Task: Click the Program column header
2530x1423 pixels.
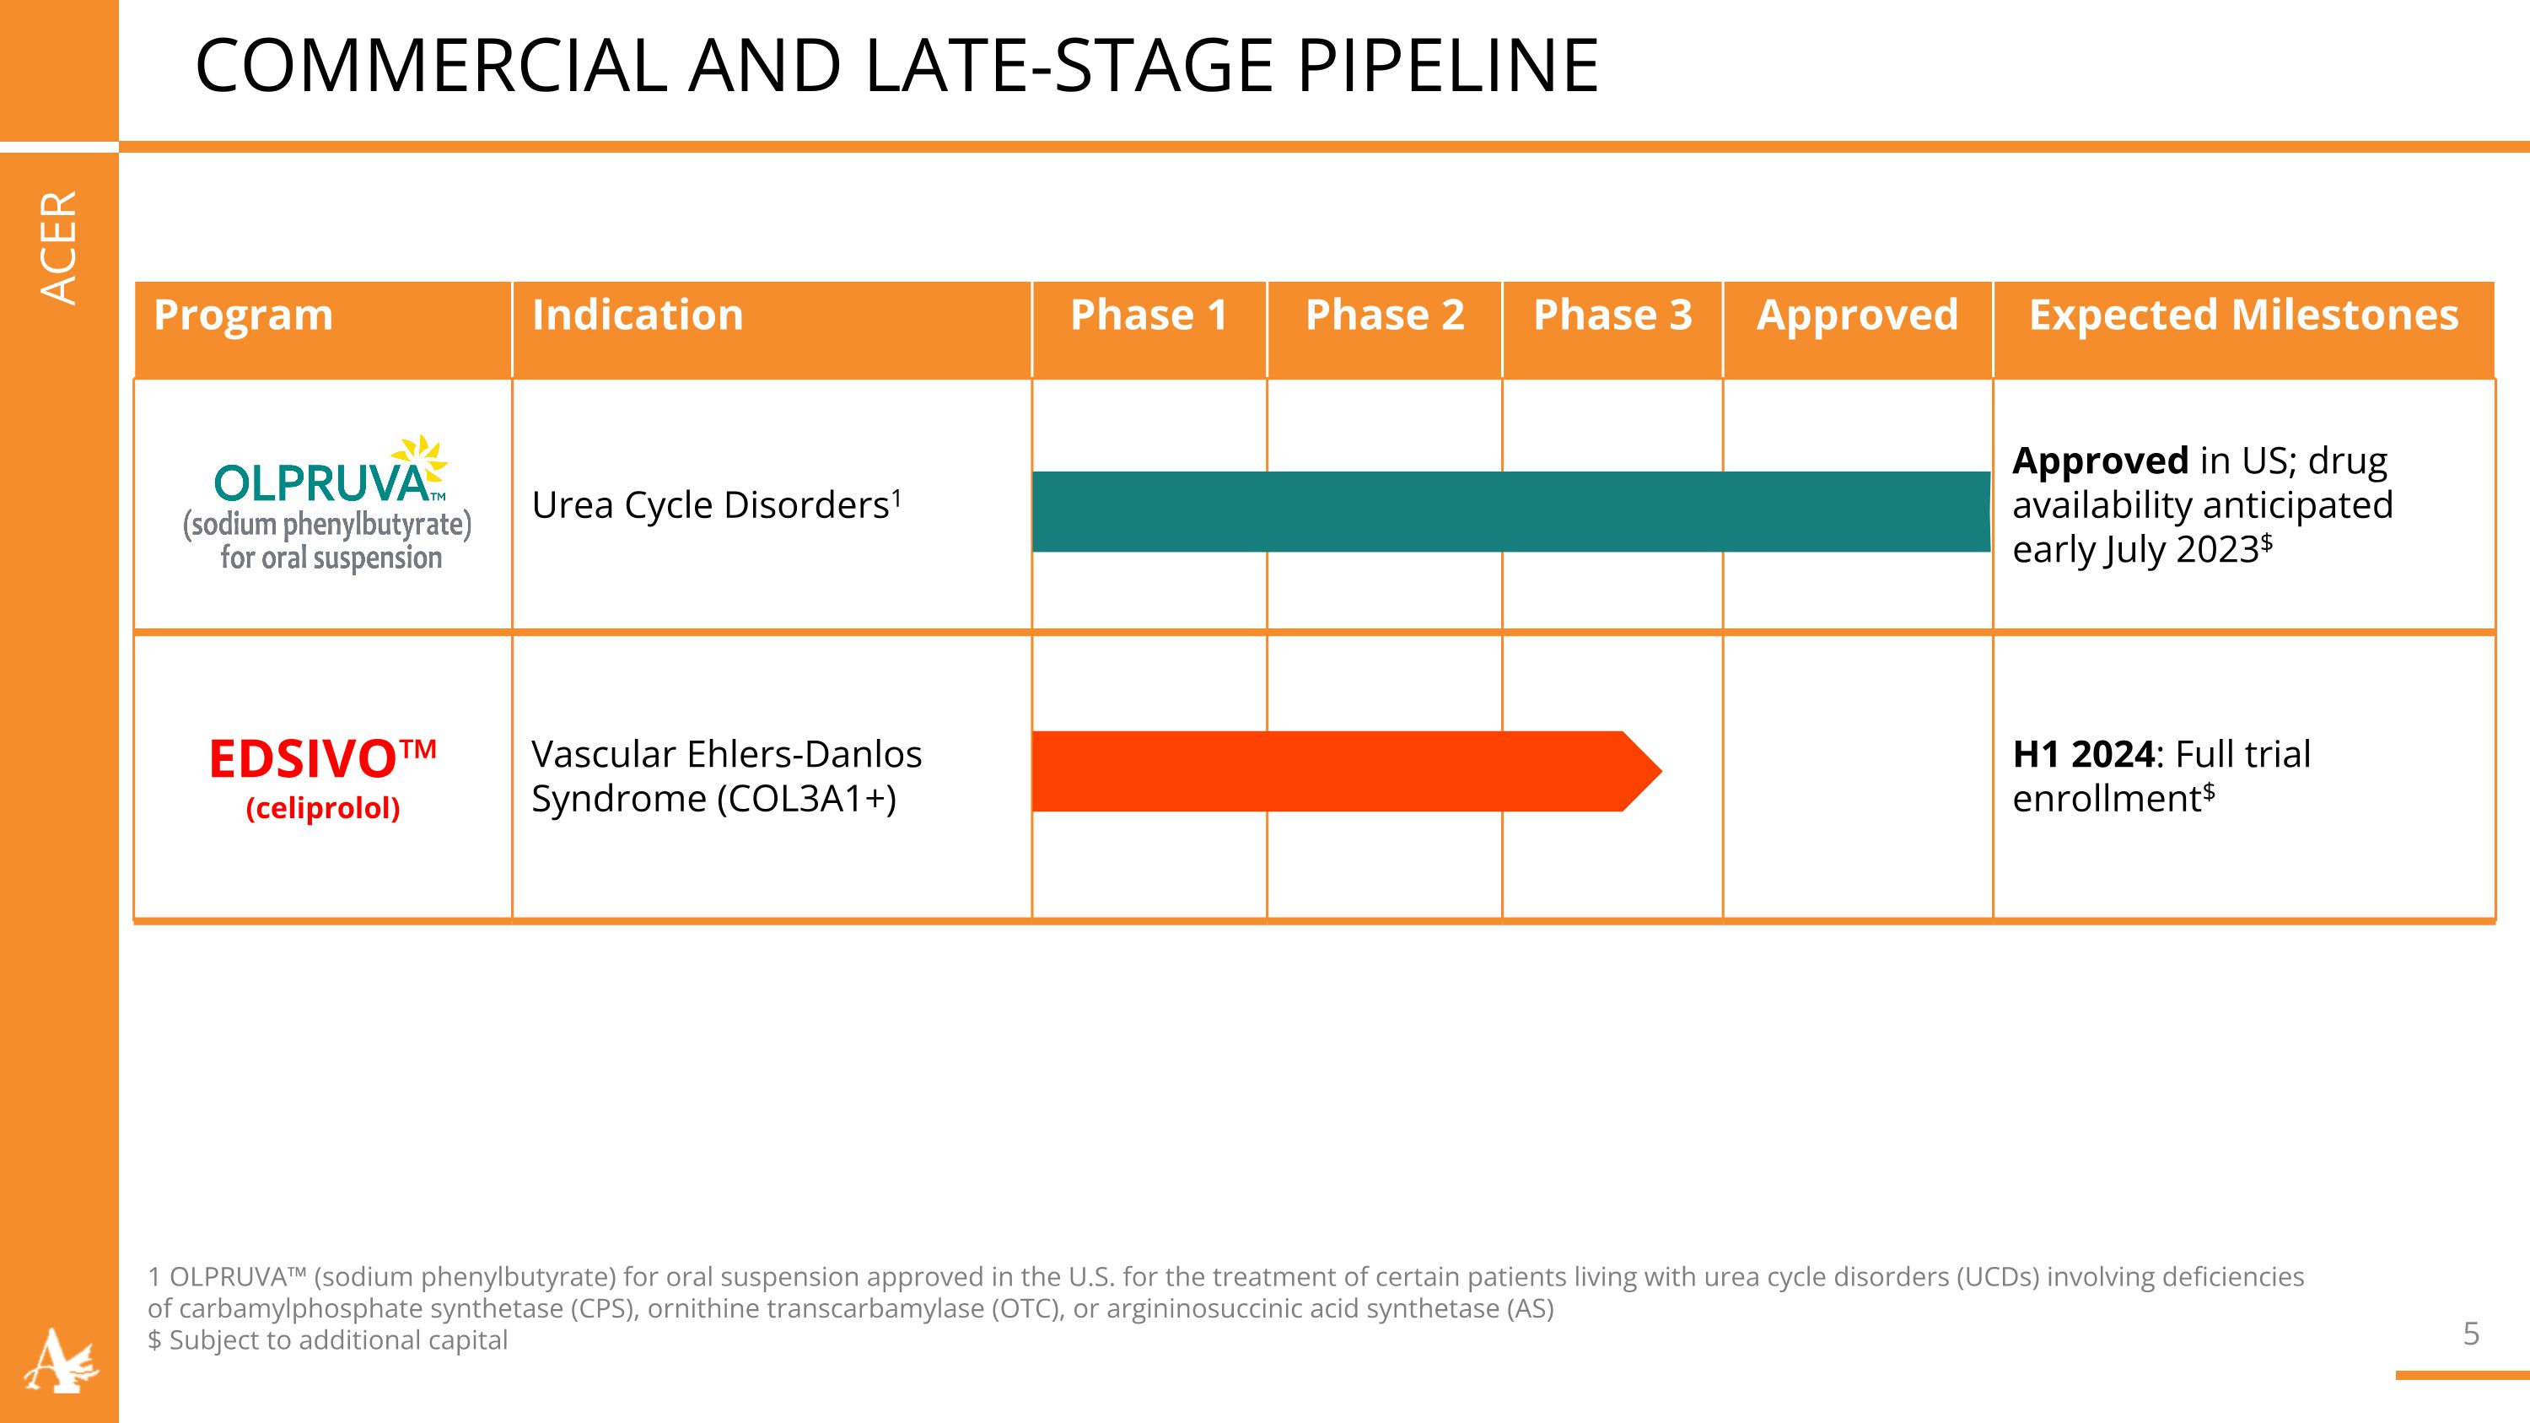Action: coord(244,315)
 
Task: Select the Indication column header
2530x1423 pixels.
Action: coord(638,315)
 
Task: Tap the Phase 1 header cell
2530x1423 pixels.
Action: coord(1148,315)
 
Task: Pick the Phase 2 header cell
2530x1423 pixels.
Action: coord(1384,315)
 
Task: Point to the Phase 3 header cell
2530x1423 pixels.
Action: coord(1612,315)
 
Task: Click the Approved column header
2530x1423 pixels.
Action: coord(1856,315)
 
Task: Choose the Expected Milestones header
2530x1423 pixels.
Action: coord(2243,315)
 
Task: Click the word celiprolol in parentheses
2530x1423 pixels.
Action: coord(322,808)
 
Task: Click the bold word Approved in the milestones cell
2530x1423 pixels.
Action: coord(2100,461)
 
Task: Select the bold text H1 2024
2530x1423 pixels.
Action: coord(2082,754)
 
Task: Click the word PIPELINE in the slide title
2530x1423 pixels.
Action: coord(1448,66)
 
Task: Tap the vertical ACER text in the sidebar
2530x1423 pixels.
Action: coord(59,246)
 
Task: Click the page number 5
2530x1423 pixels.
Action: coord(2471,1334)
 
